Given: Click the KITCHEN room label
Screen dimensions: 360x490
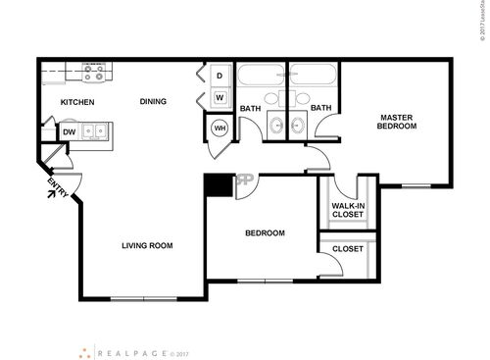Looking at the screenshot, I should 76,102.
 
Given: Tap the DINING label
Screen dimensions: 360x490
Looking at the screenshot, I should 152,101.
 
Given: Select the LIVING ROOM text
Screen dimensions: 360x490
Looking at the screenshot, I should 147,245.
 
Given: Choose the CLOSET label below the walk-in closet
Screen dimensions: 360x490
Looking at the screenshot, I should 347,249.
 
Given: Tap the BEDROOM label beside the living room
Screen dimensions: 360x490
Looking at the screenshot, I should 264,233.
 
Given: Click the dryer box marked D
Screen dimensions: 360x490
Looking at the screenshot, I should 220,76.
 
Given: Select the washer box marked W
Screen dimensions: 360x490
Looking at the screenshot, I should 220,97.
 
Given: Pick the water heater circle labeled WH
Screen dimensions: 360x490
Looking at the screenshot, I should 220,129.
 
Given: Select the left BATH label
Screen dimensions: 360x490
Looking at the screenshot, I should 251,109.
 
